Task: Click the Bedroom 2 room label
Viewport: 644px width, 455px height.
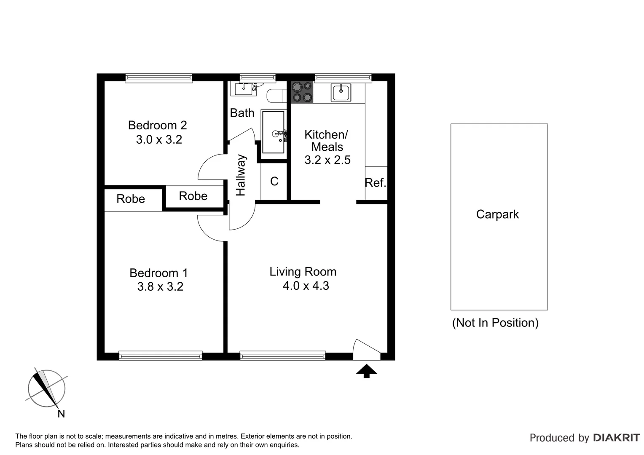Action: click(x=157, y=125)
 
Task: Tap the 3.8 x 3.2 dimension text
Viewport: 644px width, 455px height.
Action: click(x=160, y=287)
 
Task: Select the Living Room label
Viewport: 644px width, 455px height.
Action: click(x=303, y=272)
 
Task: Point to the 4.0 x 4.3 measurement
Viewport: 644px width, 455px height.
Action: click(x=306, y=286)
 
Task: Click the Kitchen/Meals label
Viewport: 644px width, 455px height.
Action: click(x=327, y=141)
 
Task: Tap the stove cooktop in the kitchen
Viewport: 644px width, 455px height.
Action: click(x=302, y=92)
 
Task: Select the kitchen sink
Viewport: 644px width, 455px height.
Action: click(x=341, y=92)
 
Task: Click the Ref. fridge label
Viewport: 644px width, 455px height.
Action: click(x=375, y=183)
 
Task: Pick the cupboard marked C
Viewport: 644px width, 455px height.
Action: click(x=274, y=181)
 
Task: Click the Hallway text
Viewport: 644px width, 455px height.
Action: click(x=241, y=175)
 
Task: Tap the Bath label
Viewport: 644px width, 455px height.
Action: click(x=242, y=113)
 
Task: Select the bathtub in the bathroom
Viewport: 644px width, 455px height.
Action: click(x=273, y=132)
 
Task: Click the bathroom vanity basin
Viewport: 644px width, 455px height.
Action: click(x=244, y=89)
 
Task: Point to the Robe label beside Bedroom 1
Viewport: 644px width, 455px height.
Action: click(x=131, y=199)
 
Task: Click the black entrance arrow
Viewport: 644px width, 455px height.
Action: click(x=366, y=371)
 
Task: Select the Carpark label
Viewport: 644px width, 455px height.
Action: click(x=497, y=214)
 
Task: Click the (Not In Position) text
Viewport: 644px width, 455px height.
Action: click(x=495, y=323)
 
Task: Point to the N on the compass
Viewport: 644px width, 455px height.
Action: click(x=61, y=414)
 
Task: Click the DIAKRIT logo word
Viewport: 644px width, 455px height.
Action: click(x=616, y=438)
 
